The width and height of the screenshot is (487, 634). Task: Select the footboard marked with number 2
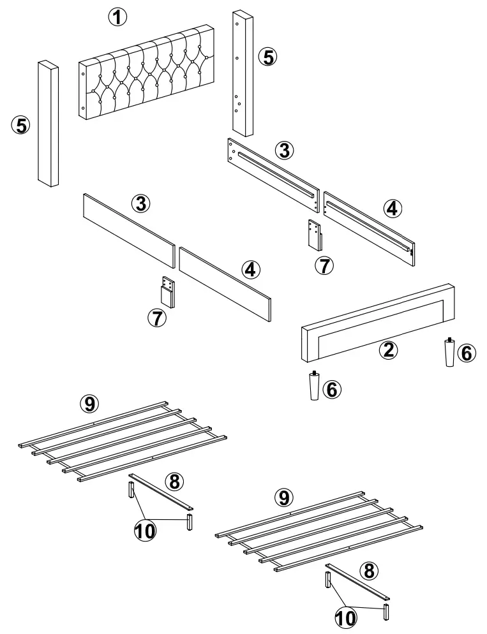(377, 319)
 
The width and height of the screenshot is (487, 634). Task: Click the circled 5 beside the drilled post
(268, 56)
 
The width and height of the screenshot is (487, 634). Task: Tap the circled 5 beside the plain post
(21, 125)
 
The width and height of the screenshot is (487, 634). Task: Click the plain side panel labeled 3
(128, 229)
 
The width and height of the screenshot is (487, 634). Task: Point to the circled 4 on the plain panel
(251, 269)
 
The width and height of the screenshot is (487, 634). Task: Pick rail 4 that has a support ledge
(369, 223)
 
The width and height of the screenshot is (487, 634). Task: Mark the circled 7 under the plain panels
(157, 317)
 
